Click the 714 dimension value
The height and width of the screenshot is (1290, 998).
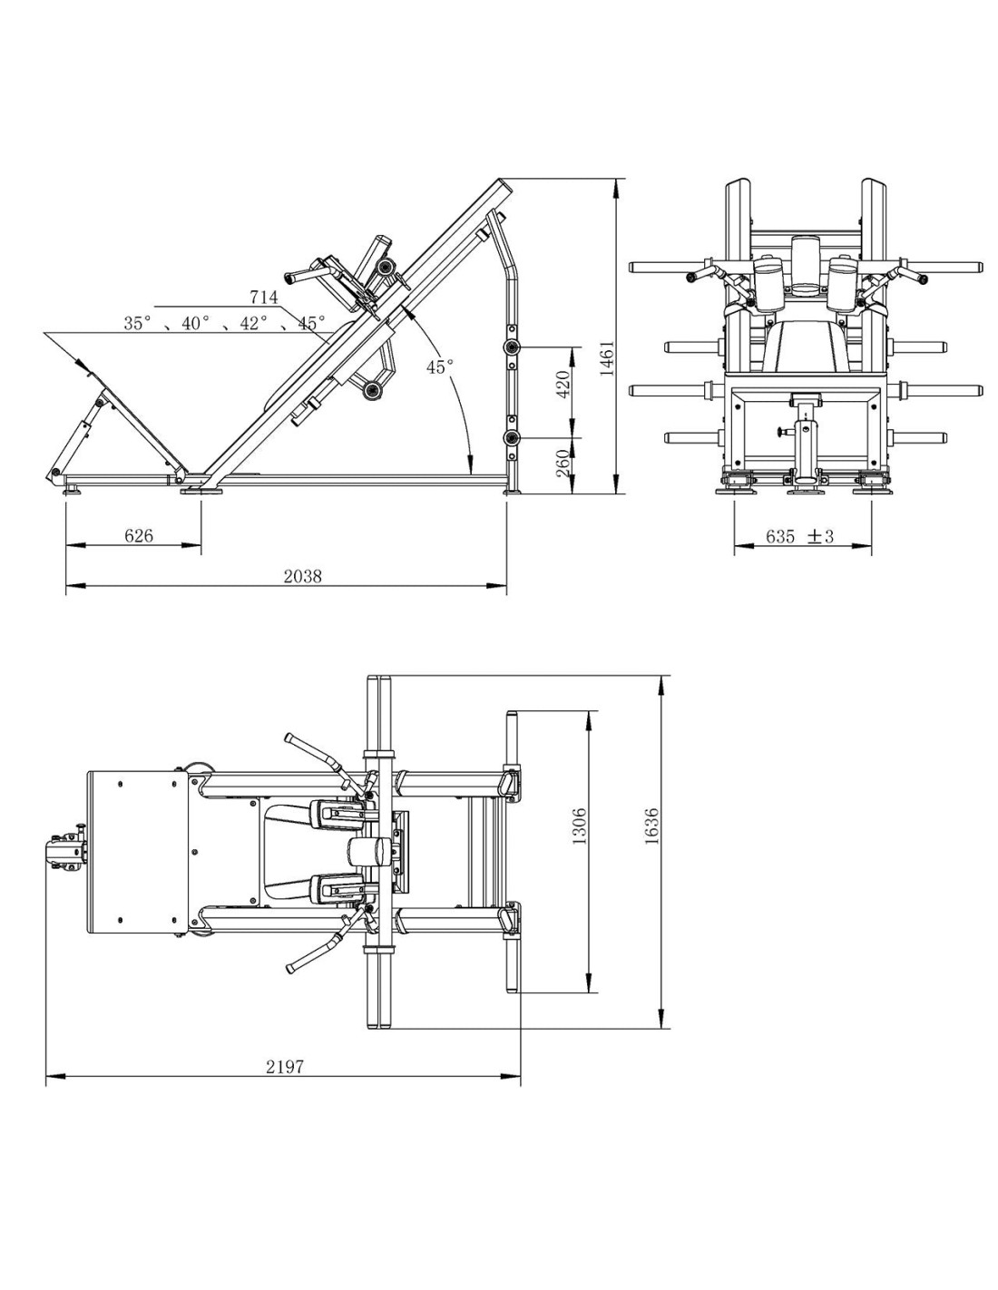click(x=264, y=297)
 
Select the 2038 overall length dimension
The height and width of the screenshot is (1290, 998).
click(x=302, y=575)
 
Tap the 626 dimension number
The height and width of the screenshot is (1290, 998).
click(x=138, y=535)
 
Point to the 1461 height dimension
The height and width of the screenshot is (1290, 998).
click(x=606, y=359)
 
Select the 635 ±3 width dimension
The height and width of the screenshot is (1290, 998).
click(x=799, y=536)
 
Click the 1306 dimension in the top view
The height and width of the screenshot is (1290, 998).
click(x=580, y=826)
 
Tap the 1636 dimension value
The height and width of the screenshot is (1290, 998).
click(x=651, y=826)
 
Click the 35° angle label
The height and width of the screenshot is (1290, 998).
click(x=138, y=323)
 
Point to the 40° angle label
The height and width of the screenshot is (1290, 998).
click(x=196, y=323)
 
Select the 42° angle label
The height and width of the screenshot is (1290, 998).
click(x=254, y=323)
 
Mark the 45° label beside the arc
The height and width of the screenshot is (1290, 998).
click(x=440, y=366)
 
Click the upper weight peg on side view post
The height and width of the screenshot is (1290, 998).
click(x=510, y=347)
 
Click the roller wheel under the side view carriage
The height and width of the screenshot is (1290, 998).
click(x=374, y=390)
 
